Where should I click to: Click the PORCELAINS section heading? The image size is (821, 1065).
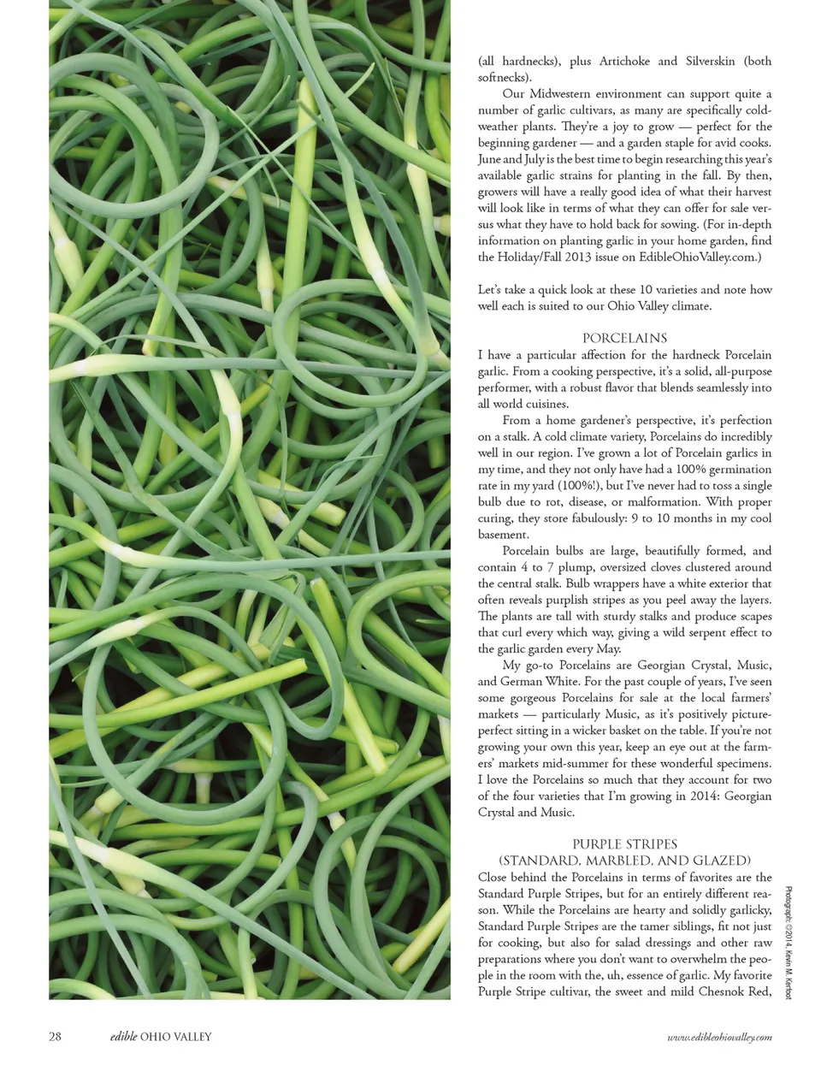624,338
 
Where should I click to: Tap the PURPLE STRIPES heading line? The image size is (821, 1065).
624,844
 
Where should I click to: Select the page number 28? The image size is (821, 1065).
55,1037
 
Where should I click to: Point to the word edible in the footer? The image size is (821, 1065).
124,1037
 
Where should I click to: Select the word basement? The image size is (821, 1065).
503,535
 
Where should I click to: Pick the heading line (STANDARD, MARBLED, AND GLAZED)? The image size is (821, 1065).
624,861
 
